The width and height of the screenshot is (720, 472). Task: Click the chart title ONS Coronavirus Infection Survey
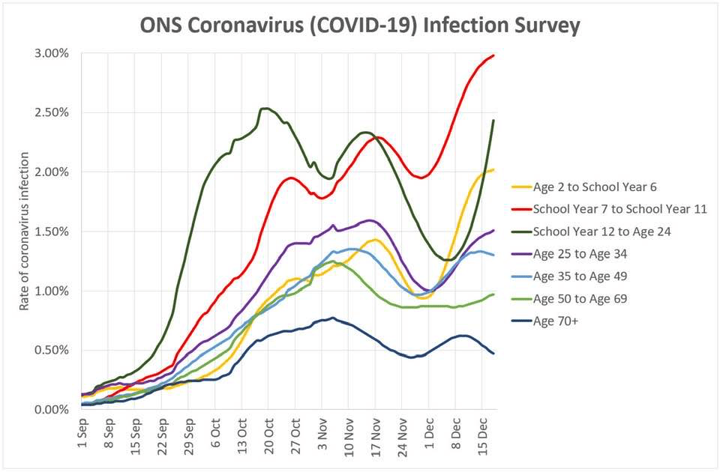coord(360,25)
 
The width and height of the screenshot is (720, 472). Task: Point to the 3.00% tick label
coord(51,54)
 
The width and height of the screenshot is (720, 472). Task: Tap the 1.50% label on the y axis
coord(51,232)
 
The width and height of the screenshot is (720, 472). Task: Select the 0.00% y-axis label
coord(51,410)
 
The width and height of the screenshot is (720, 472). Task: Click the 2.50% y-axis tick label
coord(51,113)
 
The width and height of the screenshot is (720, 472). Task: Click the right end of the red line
coord(493,55)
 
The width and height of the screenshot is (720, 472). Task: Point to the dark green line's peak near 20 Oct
coord(264,109)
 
